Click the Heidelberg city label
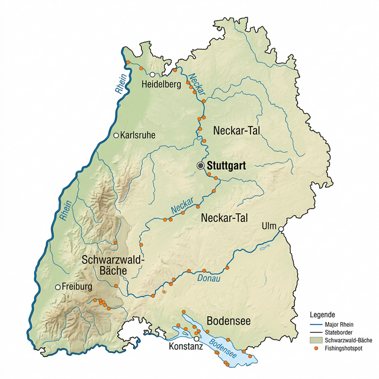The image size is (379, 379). click(x=162, y=85)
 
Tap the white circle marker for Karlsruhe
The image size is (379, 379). click(x=117, y=135)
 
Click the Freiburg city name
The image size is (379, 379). click(x=78, y=287)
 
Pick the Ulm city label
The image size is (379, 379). click(x=269, y=225)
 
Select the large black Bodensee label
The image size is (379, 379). click(x=229, y=321)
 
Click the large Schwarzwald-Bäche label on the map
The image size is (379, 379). click(x=113, y=265)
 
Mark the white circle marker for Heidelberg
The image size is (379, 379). click(x=152, y=75)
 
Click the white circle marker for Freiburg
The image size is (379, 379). click(x=57, y=287)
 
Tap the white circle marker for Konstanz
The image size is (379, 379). click(x=197, y=339)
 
